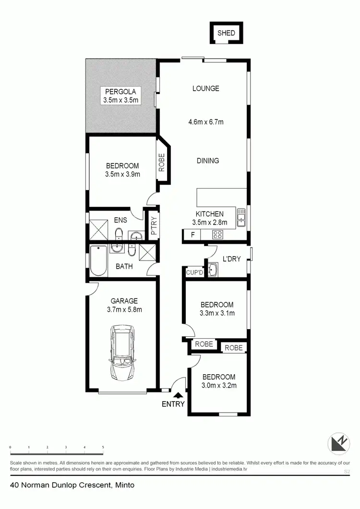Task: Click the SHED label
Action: (226, 33)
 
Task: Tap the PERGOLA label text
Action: (120, 92)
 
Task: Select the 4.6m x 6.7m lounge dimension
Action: (206, 122)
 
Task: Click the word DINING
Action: (207, 161)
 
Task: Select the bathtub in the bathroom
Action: (97, 261)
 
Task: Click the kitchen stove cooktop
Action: (217, 235)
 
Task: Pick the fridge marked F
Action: (193, 235)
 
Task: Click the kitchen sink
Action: (240, 218)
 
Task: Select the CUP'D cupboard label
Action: (195, 272)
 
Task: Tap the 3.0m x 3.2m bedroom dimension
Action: (218, 385)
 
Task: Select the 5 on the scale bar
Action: (103, 447)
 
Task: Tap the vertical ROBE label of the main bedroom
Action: (162, 162)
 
